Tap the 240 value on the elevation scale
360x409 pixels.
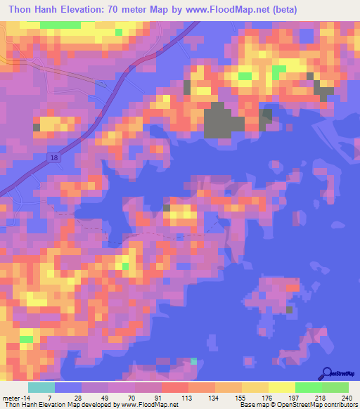[x=344, y=398]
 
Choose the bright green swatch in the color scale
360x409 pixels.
[x=308, y=387]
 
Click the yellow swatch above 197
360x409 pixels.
[x=281, y=387]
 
